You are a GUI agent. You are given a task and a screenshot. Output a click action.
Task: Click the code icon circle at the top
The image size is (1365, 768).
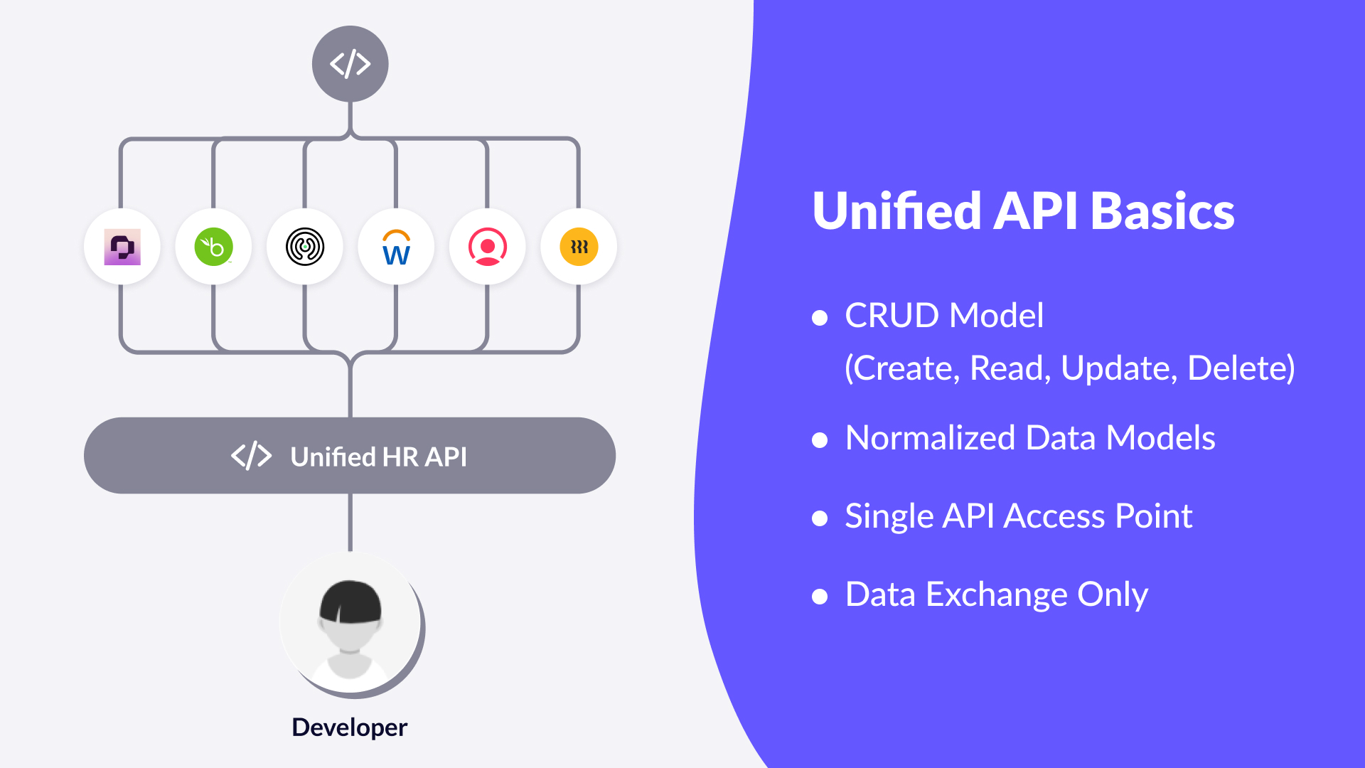350,64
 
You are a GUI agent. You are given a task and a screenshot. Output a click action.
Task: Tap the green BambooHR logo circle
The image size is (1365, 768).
213,247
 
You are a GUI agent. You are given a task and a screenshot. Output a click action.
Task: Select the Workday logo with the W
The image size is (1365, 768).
396,247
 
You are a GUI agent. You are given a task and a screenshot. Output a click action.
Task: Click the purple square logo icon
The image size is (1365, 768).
122,247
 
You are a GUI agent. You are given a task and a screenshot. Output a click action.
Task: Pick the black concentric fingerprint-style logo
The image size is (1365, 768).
305,247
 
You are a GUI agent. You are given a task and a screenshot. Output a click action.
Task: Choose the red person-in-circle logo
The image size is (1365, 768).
488,247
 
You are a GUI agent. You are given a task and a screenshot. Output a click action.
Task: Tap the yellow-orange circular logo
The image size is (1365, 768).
579,247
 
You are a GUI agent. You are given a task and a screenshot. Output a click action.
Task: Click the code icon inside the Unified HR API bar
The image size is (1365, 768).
252,456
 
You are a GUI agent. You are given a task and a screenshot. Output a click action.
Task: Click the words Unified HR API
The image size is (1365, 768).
378,457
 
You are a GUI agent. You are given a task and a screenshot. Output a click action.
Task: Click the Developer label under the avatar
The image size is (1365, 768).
349,727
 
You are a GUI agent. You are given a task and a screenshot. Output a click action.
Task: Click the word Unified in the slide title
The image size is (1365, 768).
897,211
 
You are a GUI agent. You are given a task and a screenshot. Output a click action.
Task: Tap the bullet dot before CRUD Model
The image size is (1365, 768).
820,317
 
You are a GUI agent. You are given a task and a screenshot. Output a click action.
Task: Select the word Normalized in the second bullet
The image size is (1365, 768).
930,438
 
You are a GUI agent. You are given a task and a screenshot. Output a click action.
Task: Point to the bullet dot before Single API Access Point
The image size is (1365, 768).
820,518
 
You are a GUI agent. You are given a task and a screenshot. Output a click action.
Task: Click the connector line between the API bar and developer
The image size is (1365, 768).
350,523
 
